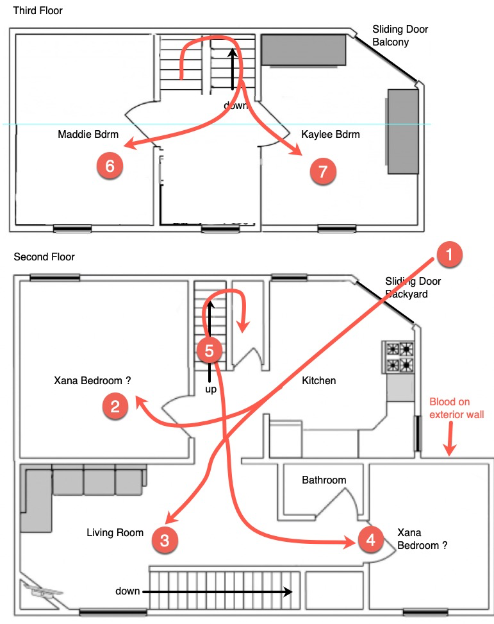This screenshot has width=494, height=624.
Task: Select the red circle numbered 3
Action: [165, 540]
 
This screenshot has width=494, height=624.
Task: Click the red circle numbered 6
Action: [110, 166]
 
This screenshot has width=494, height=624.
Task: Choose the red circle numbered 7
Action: [322, 171]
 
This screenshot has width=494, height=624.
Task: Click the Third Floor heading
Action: [38, 11]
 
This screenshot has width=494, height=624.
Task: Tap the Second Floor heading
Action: [44, 257]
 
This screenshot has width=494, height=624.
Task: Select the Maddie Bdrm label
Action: [85, 135]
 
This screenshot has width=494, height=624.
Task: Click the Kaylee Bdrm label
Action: [330, 135]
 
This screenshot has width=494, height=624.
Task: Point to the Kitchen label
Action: [318, 381]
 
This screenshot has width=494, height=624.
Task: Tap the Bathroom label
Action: [324, 480]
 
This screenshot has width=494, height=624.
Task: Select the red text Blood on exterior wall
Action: [456, 408]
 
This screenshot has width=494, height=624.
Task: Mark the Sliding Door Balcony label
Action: [400, 36]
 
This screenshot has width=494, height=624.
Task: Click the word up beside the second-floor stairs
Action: [210, 389]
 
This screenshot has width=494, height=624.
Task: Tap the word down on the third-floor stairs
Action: [235, 105]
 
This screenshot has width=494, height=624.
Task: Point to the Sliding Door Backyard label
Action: [413, 287]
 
